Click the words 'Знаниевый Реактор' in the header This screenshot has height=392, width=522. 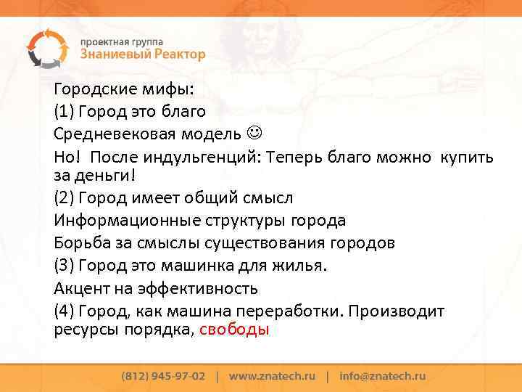click(x=143, y=54)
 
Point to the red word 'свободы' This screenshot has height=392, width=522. click(x=233, y=329)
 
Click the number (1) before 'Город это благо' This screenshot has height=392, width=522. click(x=64, y=112)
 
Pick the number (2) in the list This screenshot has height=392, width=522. click(x=64, y=197)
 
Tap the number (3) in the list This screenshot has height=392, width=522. click(x=64, y=265)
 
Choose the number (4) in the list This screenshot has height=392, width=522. click(x=64, y=311)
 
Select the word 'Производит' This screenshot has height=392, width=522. click(x=398, y=311)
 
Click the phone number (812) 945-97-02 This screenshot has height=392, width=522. click(x=163, y=377)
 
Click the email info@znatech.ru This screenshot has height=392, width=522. click(x=382, y=377)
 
